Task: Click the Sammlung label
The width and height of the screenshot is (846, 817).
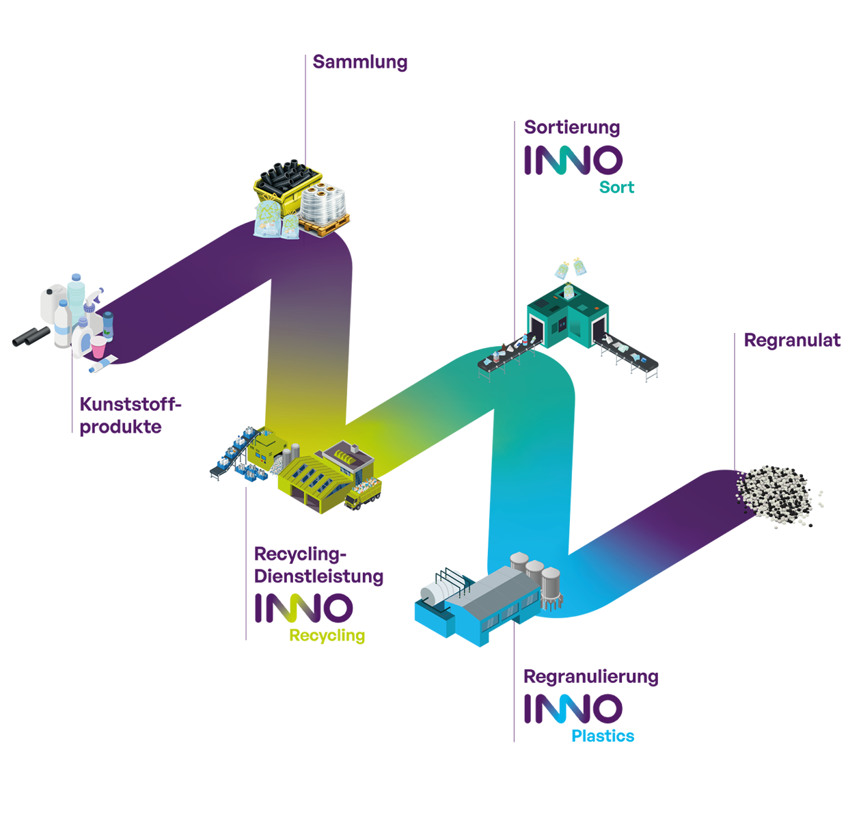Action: click(x=360, y=62)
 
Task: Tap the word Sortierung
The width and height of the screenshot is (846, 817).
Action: click(x=572, y=128)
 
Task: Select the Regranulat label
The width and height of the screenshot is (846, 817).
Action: click(x=791, y=340)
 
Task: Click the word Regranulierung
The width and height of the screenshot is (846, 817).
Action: click(x=590, y=677)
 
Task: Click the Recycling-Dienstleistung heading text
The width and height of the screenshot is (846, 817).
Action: click(x=318, y=565)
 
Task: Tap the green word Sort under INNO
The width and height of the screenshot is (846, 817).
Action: click(x=616, y=187)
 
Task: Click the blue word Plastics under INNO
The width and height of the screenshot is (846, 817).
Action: click(x=602, y=736)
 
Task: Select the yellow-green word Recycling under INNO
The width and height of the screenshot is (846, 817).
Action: click(x=327, y=636)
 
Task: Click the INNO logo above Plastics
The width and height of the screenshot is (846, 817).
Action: click(x=573, y=708)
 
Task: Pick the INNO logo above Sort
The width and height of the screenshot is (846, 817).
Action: click(x=573, y=160)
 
